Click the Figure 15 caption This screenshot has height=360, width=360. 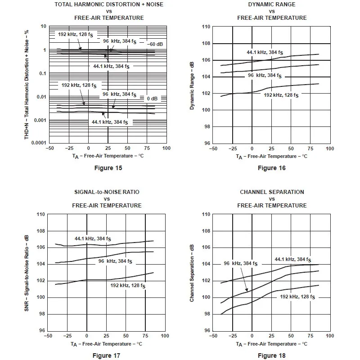coord(108,168)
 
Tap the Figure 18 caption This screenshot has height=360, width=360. coord(272,355)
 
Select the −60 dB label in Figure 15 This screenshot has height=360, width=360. coord(155,44)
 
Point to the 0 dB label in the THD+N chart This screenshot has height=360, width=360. coord(152,99)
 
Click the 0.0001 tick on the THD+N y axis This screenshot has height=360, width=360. coord(39,143)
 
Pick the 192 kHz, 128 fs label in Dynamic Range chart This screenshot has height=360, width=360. coord(281,95)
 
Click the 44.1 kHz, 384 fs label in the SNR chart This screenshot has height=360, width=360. coord(93,239)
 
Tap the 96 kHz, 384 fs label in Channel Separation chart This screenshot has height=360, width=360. coord(241,264)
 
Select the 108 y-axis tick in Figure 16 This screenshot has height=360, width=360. coord(206,43)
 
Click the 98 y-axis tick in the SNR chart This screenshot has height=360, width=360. coord(42,314)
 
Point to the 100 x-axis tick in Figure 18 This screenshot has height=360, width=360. coord(330,336)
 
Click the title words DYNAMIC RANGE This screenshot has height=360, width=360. coord(272,4)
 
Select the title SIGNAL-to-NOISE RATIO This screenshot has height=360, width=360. coord(107,192)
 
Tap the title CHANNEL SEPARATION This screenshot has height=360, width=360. coord(272,192)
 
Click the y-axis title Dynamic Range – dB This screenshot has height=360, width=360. coord(192,85)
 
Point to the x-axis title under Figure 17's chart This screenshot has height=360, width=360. coord(107,344)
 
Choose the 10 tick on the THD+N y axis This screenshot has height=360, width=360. coord(43,27)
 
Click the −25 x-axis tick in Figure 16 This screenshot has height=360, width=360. coord(233,148)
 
